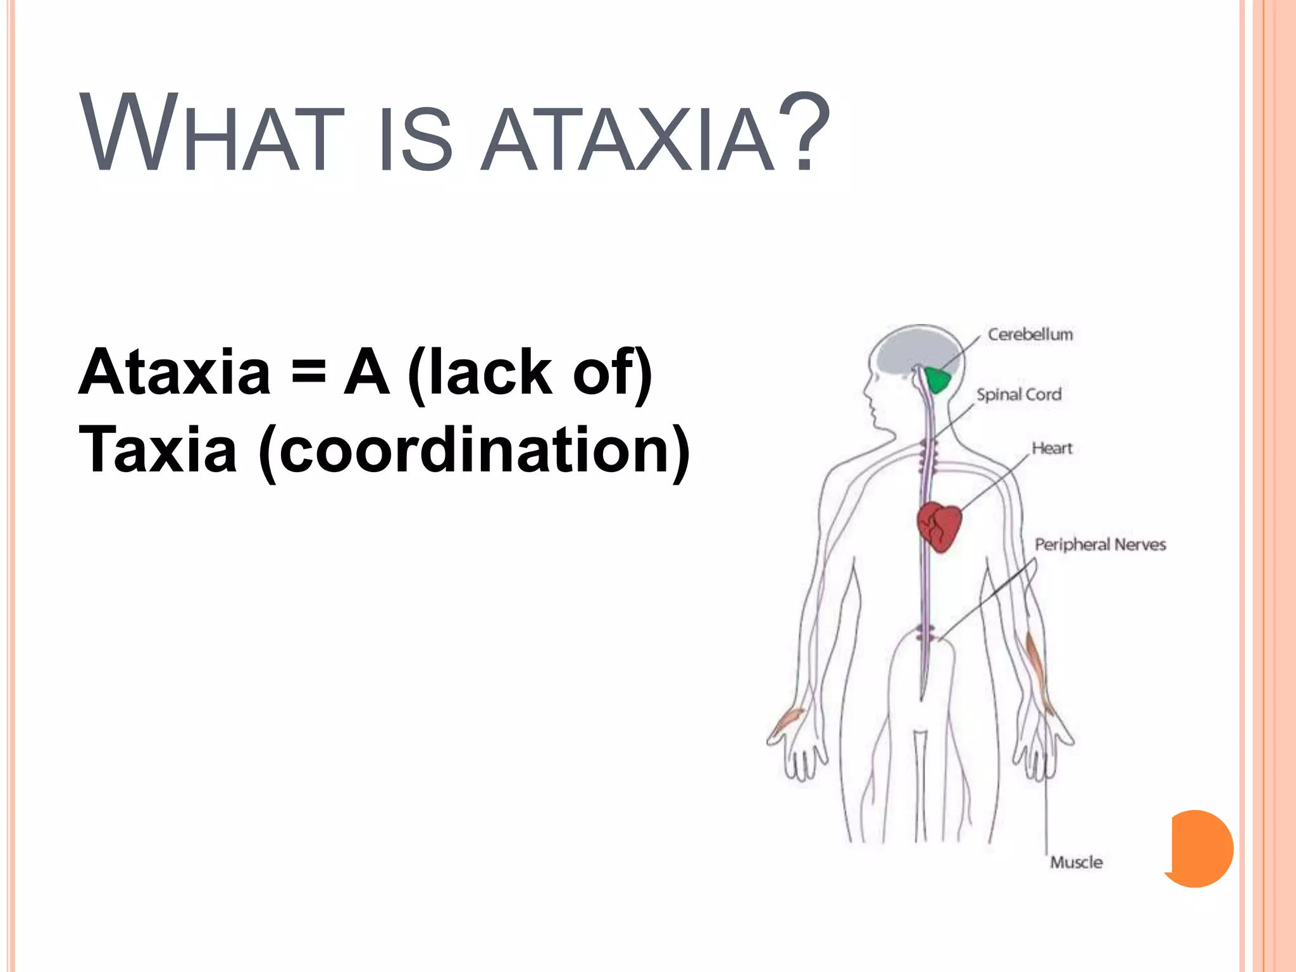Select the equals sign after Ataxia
tap(309, 372)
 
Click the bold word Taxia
tap(158, 450)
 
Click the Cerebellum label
tap(1030, 334)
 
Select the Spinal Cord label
tap(1018, 394)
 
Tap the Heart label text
tap(1052, 448)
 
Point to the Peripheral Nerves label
tap(1100, 544)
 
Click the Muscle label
tap(1076, 862)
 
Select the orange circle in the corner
tap(1200, 848)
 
